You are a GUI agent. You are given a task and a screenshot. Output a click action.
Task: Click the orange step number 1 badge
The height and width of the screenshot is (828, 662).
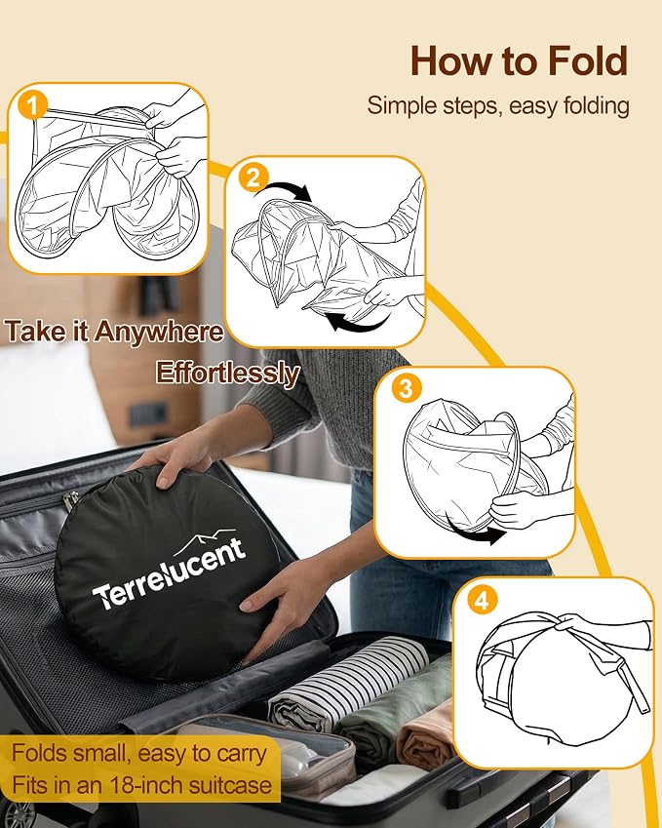click(x=33, y=106)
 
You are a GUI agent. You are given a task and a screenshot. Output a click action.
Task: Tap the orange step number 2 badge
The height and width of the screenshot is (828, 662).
click(x=253, y=177)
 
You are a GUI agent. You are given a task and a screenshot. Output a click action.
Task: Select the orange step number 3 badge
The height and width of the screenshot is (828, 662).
click(x=406, y=388)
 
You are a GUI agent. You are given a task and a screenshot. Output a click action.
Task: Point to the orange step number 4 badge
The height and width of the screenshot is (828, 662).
click(x=483, y=601)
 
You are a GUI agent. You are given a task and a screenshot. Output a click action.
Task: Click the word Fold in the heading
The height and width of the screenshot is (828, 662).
click(x=588, y=61)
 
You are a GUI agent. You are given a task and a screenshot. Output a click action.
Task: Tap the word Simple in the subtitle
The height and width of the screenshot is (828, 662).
click(x=401, y=106)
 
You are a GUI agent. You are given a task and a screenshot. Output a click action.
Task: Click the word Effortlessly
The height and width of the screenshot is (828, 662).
click(x=227, y=374)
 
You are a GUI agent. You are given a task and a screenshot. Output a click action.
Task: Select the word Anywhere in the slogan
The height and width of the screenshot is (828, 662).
click(x=159, y=333)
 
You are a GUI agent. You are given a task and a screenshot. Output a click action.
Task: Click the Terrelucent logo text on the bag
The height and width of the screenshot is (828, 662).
click(x=170, y=574)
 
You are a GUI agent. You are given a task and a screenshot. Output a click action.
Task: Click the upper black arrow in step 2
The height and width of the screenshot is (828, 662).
click(x=283, y=190)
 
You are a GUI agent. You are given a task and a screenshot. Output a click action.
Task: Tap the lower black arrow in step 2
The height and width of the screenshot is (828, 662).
click(x=358, y=321)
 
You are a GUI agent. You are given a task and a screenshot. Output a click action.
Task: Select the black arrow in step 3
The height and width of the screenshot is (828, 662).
click(x=475, y=532)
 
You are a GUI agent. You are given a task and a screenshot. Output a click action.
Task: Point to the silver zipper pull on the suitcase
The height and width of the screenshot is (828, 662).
click(x=70, y=501)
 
